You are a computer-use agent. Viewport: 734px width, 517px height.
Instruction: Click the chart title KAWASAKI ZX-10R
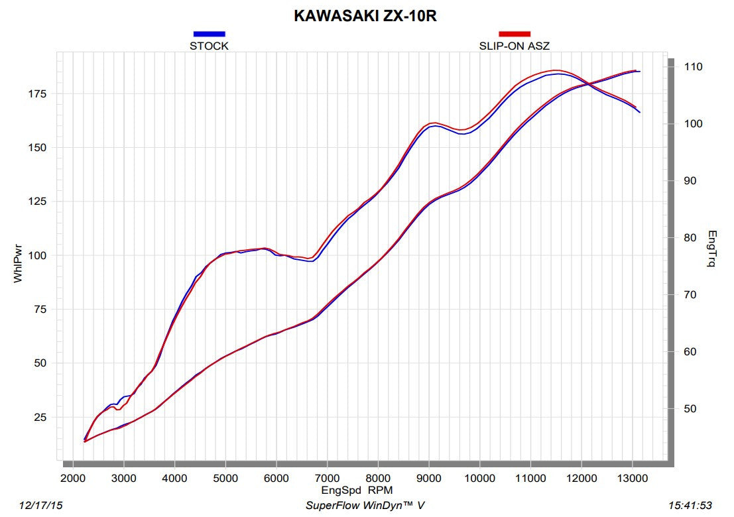[365, 16]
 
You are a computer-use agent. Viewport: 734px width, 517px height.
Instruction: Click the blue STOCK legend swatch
[209, 34]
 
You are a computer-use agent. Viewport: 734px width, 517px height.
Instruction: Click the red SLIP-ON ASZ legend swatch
[514, 34]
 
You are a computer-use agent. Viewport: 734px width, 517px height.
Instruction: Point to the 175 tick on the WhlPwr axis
[36, 93]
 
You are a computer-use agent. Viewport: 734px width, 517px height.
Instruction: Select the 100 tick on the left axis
[36, 255]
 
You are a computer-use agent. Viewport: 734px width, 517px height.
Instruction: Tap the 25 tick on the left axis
[38, 417]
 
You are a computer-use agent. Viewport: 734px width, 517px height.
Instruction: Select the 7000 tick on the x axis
[327, 478]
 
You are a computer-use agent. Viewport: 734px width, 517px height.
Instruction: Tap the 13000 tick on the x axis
[633, 478]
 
